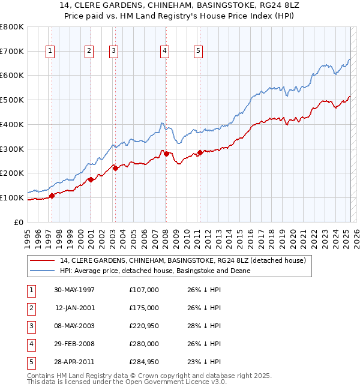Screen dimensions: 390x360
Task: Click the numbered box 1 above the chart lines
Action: click(49, 52)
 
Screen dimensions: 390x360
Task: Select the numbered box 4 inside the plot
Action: click(164, 52)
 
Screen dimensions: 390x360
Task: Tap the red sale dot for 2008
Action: click(166, 154)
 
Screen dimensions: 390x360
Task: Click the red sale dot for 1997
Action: click(52, 195)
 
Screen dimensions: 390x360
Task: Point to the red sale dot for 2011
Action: click(200, 152)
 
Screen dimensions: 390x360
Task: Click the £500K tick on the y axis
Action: click(12, 100)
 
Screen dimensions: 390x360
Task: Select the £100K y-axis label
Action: click(12, 197)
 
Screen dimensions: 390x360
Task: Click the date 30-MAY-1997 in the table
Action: click(74, 290)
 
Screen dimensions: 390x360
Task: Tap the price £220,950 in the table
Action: click(144, 326)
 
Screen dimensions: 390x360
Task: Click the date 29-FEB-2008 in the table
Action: click(74, 344)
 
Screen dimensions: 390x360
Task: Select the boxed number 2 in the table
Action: click(30, 308)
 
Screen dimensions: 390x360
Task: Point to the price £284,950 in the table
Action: click(144, 362)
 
